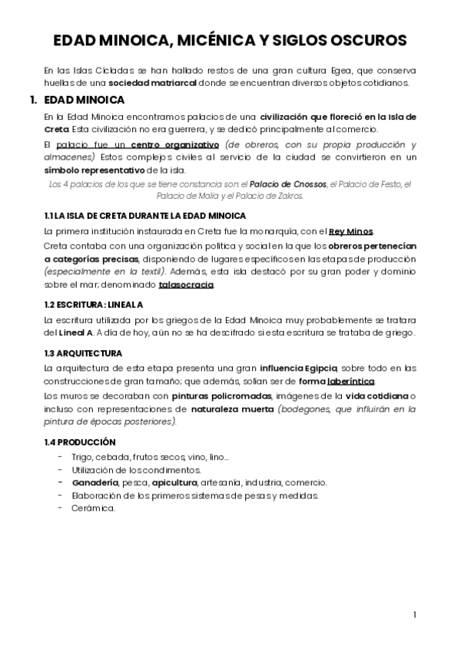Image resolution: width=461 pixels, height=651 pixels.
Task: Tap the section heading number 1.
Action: (33, 100)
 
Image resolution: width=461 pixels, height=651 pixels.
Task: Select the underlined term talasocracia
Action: (186, 286)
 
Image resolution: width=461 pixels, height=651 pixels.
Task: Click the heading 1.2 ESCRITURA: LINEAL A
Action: (94, 304)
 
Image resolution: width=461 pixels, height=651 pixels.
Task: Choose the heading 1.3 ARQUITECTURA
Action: (83, 353)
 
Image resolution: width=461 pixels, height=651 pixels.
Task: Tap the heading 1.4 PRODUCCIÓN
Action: (80, 442)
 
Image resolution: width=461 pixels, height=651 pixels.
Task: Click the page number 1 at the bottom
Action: (415, 614)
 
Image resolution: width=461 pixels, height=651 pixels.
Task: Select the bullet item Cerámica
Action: (93, 508)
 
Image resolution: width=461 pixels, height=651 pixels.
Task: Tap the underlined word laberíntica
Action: (352, 382)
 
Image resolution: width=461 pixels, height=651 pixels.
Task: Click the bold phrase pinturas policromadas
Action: (216, 396)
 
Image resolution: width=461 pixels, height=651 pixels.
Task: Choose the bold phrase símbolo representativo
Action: (95, 169)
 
